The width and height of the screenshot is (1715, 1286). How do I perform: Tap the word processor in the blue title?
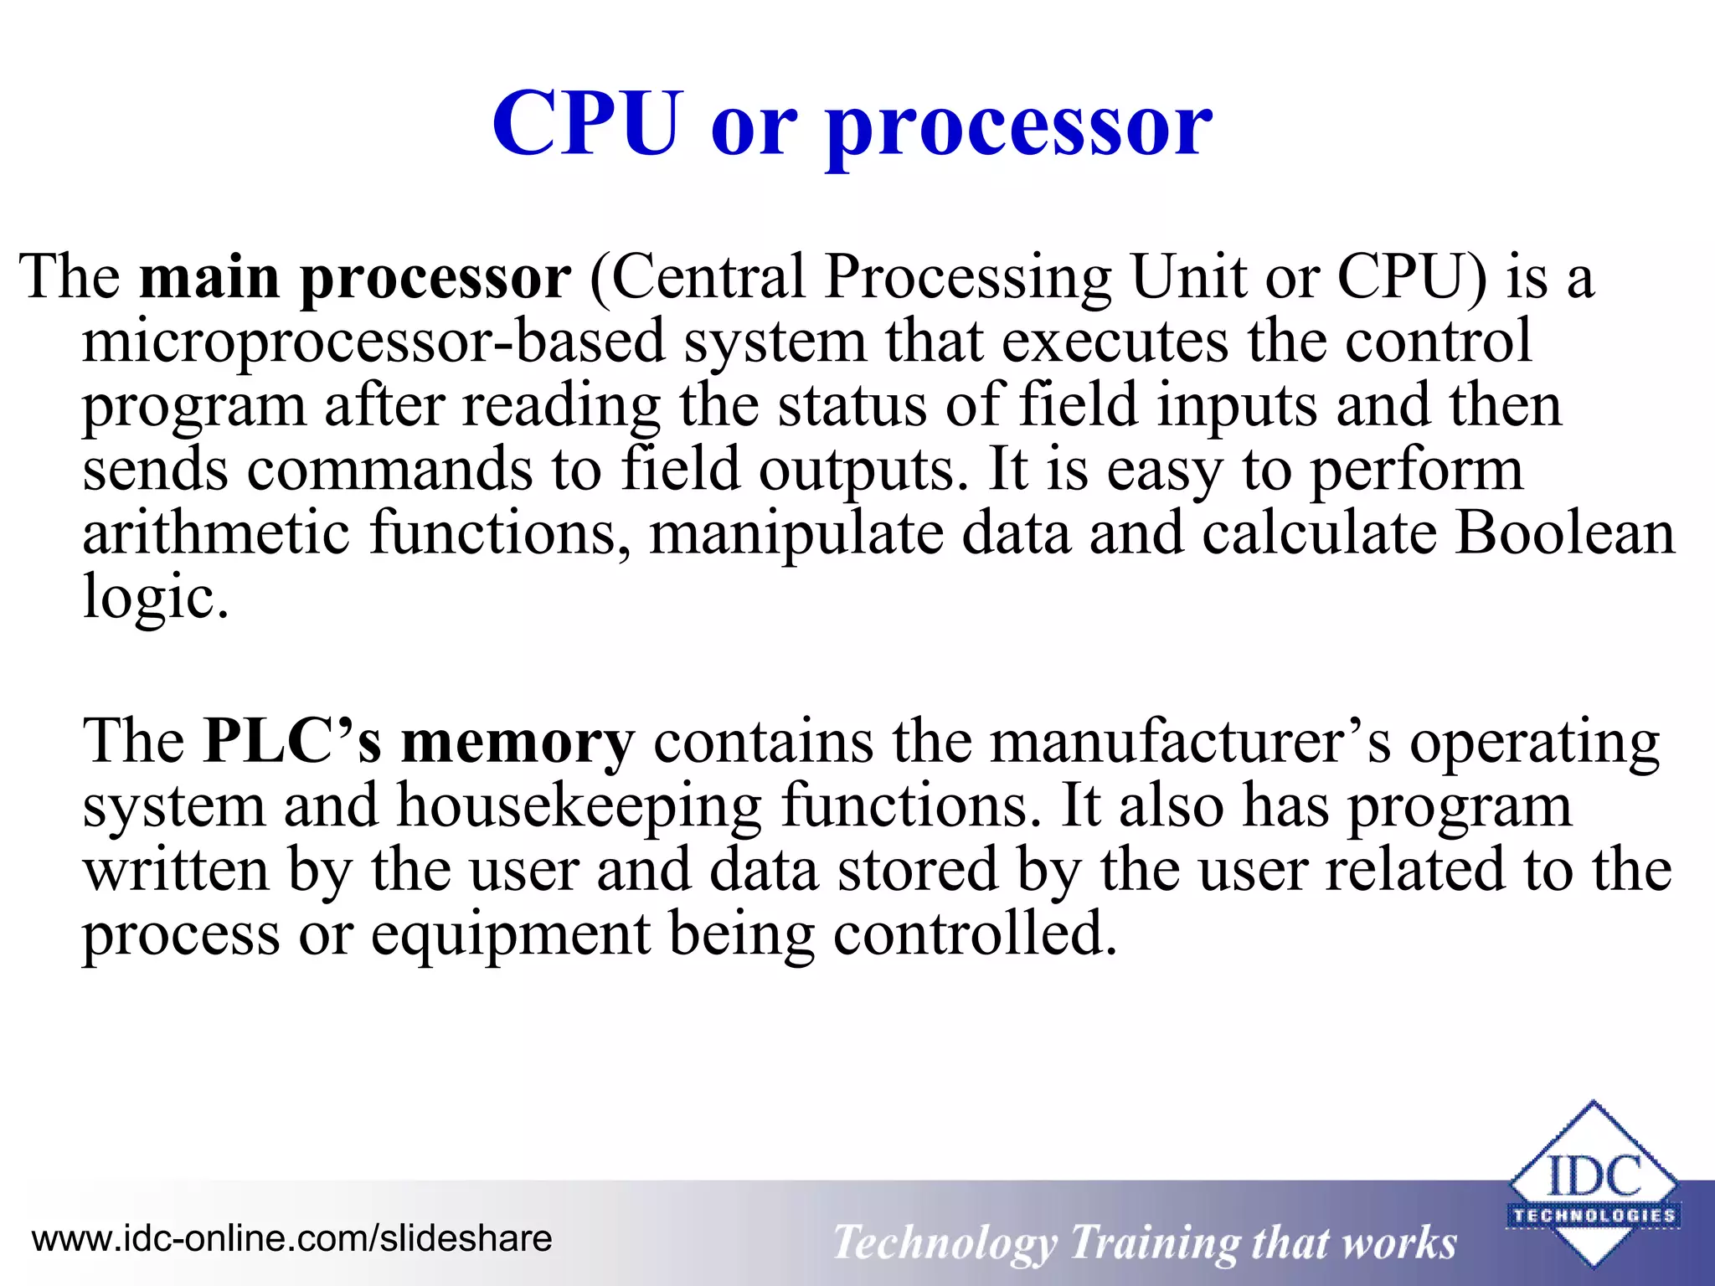1018,127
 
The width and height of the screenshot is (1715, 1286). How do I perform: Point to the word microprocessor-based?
373,343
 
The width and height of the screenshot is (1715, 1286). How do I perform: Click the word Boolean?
1564,533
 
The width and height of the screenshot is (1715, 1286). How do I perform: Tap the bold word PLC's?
292,742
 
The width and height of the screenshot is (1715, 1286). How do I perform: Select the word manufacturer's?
1190,742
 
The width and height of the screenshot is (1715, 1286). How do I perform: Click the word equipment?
511,936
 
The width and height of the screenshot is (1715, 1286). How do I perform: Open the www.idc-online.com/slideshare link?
291,1238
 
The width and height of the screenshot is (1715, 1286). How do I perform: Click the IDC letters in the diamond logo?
1594,1177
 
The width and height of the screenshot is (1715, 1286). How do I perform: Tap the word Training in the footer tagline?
1153,1242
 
